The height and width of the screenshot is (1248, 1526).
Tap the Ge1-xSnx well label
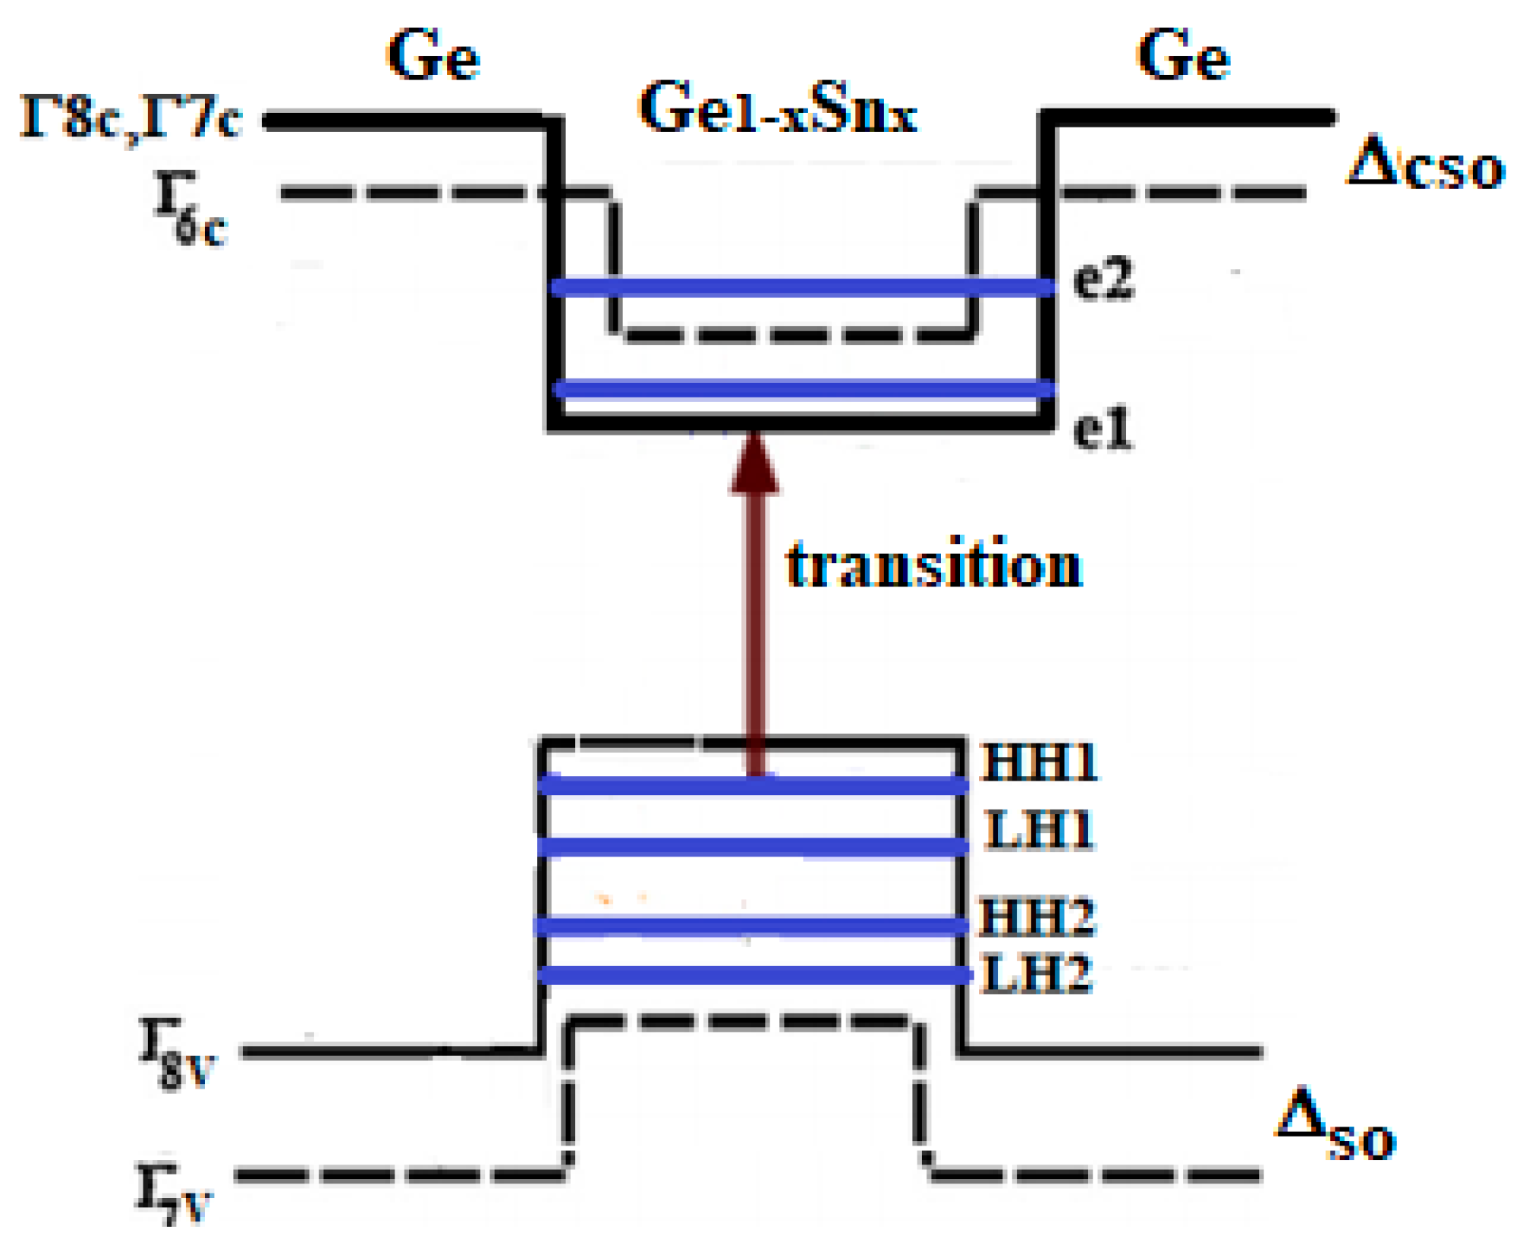(779, 110)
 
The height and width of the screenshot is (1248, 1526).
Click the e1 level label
(1103, 429)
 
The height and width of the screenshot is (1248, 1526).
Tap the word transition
(934, 565)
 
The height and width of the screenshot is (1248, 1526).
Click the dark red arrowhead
(754, 467)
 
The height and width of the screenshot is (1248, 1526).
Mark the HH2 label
(1037, 916)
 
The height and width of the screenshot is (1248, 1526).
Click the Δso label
(1336, 1127)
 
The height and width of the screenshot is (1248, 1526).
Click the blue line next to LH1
(751, 847)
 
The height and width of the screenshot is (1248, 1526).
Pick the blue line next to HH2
(751, 926)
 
